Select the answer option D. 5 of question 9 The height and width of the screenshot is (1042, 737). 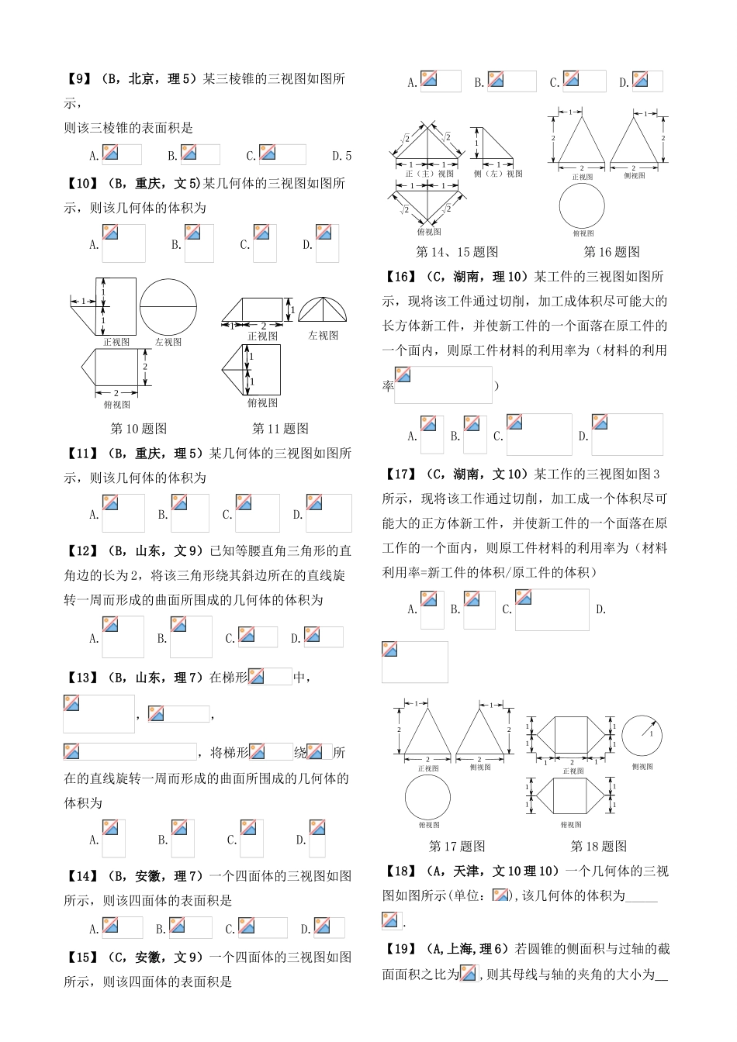[x=341, y=155]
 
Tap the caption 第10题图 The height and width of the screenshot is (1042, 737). [x=138, y=429]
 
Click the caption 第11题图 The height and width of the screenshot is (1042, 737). [x=280, y=429]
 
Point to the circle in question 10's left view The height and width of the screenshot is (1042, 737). [x=168, y=307]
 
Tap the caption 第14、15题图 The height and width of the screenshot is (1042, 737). [x=457, y=252]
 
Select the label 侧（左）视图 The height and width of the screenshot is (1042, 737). [x=498, y=174]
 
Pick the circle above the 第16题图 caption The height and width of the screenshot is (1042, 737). [x=582, y=206]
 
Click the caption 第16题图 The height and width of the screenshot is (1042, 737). [x=611, y=252]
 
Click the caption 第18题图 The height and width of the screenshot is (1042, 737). [x=598, y=847]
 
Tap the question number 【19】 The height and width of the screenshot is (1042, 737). [x=399, y=949]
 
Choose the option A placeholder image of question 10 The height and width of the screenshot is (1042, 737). [x=123, y=243]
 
